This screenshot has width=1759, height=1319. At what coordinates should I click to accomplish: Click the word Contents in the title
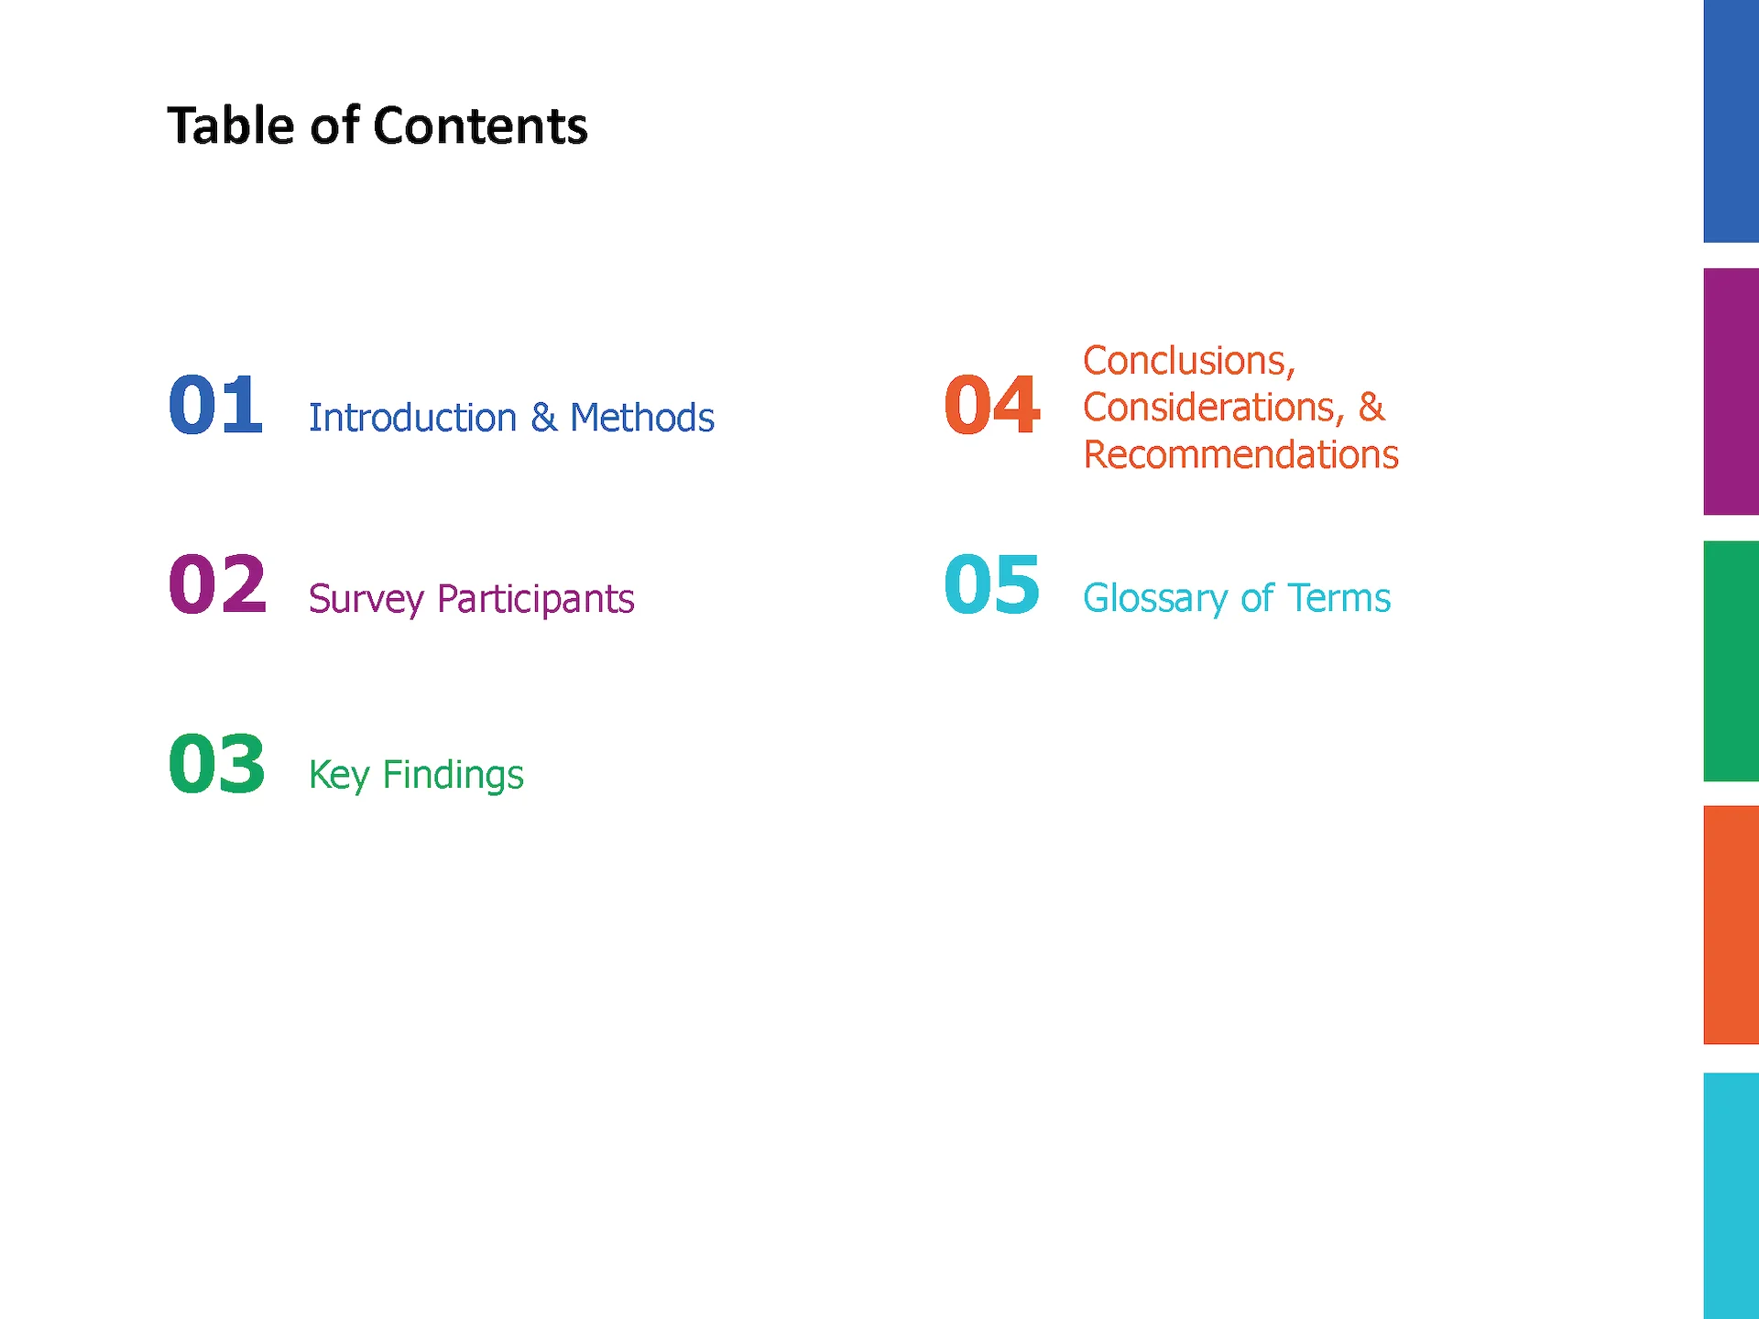(480, 125)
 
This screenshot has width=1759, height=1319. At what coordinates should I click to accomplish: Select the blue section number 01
(216, 405)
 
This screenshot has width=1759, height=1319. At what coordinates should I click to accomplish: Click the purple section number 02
(218, 583)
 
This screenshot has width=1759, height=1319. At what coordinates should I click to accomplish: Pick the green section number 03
(217, 763)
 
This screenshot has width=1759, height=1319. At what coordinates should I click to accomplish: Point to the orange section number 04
(992, 405)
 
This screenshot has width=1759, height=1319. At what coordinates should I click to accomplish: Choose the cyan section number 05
(992, 583)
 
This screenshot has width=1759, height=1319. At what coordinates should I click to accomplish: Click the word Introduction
(413, 418)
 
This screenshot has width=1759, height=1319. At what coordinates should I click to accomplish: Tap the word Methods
(642, 418)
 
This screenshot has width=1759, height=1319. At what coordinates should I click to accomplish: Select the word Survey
(366, 600)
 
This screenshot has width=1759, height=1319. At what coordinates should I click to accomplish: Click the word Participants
(536, 600)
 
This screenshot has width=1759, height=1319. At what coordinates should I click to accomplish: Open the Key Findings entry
(416, 776)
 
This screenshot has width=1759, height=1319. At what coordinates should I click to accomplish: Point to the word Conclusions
(1189, 361)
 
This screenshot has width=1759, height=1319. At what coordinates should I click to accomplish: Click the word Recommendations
(1241, 454)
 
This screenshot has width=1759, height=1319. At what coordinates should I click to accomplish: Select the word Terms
(1339, 598)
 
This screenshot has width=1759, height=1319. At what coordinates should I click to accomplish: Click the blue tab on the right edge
(1732, 121)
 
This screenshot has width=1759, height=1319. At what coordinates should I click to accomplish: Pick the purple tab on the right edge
(1732, 391)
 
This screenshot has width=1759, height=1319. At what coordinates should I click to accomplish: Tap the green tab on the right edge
(1732, 660)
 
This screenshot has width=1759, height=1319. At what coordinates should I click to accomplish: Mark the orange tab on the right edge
(1732, 924)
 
